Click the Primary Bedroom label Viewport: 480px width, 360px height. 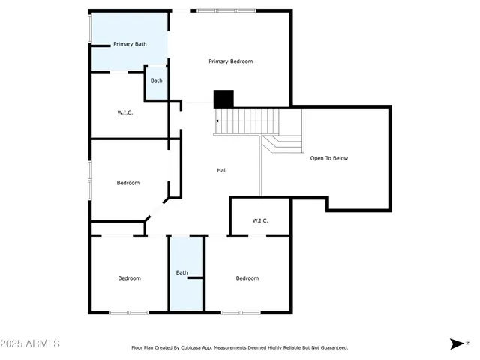pyautogui.click(x=230, y=61)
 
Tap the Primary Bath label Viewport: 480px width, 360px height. pyautogui.click(x=130, y=45)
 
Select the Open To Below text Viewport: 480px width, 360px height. pyautogui.click(x=329, y=158)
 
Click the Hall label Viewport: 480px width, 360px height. pyautogui.click(x=222, y=170)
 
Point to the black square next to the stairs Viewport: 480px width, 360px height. pyautogui.click(x=223, y=98)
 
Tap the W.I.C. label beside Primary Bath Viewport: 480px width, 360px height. pyautogui.click(x=125, y=112)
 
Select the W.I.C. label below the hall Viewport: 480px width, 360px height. pyautogui.click(x=260, y=220)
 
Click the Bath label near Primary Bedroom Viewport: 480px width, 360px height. pyautogui.click(x=156, y=80)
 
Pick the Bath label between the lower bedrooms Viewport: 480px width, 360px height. pyautogui.click(x=182, y=272)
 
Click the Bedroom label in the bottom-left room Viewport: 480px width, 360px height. pyautogui.click(x=129, y=278)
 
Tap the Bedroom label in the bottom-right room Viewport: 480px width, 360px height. pyautogui.click(x=247, y=278)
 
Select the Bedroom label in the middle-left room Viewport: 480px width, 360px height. pyautogui.click(x=127, y=183)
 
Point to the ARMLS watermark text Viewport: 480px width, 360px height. pyautogui.click(x=31, y=343)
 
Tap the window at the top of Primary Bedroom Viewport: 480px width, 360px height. pyautogui.click(x=225, y=10)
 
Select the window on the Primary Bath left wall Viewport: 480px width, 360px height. pyautogui.click(x=90, y=28)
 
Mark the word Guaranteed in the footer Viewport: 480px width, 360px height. pyautogui.click(x=332, y=347)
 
